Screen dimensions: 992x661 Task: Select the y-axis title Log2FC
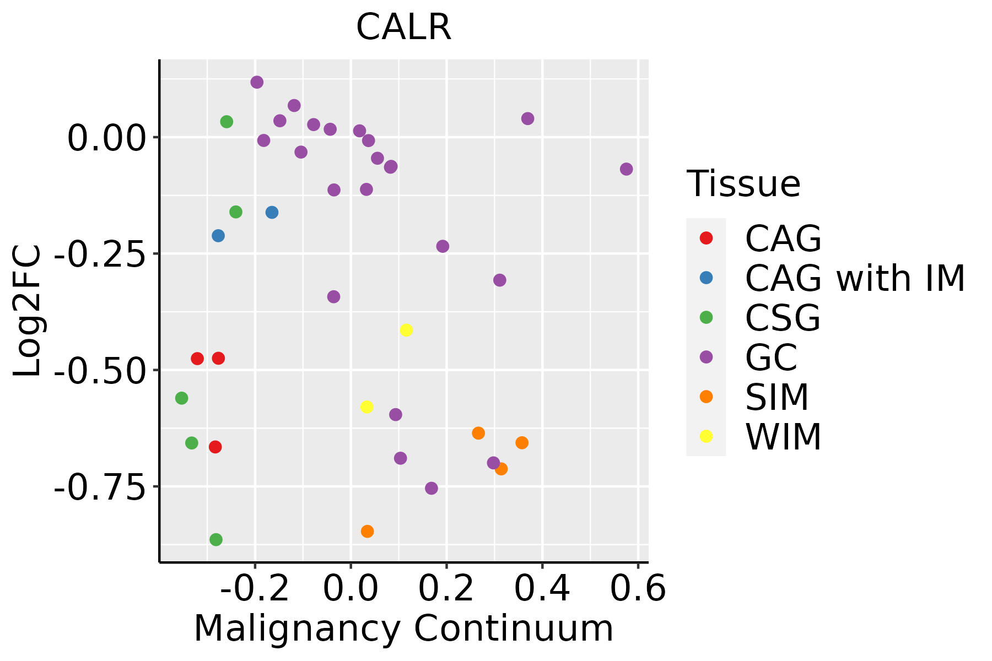click(28, 311)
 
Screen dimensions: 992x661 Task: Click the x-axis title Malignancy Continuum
click(403, 629)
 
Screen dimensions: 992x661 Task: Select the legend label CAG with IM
click(855, 278)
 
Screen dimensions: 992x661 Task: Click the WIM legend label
click(783, 437)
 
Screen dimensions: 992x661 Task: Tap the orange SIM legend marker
click(706, 397)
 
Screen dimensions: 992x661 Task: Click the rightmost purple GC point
click(626, 169)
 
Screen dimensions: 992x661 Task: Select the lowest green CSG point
click(216, 539)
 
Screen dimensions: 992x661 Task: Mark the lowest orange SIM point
click(368, 532)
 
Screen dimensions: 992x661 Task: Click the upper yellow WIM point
click(406, 330)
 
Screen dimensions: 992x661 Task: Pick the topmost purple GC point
click(257, 82)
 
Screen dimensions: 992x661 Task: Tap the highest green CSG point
click(227, 122)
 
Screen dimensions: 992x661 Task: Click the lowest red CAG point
click(215, 447)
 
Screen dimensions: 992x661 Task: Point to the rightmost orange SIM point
click(522, 443)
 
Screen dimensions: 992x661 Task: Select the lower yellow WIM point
click(367, 407)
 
